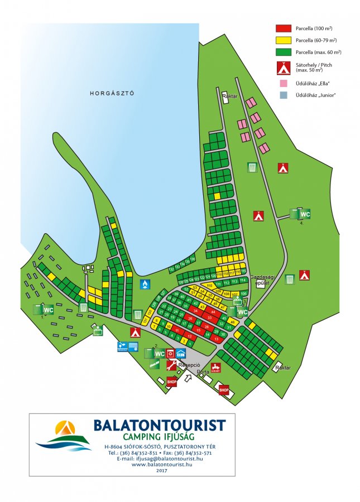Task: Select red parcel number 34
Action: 195,310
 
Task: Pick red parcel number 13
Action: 215,339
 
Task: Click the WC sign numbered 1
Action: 48,310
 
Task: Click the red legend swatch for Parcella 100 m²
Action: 283,28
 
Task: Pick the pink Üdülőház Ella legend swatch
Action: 283,83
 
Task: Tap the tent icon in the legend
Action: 283,68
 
